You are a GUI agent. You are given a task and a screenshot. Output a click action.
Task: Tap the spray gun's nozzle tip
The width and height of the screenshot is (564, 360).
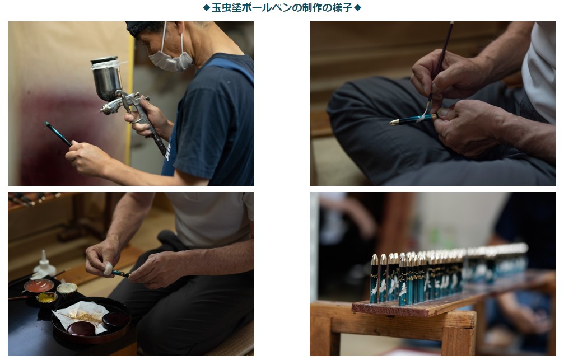coord(102,110)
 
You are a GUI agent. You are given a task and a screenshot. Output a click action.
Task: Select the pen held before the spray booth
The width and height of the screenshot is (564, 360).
coord(58,133)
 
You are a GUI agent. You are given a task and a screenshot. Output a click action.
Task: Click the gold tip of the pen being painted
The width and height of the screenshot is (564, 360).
coord(394,123)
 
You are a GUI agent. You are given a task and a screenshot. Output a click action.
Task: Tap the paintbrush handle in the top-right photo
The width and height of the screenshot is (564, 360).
coord(442,58)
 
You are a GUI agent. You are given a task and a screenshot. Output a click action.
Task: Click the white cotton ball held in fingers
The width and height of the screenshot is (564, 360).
coord(109,268)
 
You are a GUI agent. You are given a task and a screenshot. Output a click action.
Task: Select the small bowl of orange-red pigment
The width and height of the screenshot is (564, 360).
coord(39,286)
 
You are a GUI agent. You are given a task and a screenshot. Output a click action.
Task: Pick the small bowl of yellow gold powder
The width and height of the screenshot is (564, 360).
coord(46,298)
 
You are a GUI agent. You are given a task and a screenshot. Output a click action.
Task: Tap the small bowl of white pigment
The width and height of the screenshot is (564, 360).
coord(67,288)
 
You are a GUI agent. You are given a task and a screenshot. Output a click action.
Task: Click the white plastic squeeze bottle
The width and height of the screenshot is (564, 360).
coord(44,264)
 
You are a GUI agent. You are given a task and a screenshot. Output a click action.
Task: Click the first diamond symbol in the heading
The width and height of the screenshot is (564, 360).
coord(206,7)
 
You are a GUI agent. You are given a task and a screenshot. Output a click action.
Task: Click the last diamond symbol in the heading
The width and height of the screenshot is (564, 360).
coord(357,7)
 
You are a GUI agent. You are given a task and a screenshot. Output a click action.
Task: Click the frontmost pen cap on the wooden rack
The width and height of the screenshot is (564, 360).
coord(374,278)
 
